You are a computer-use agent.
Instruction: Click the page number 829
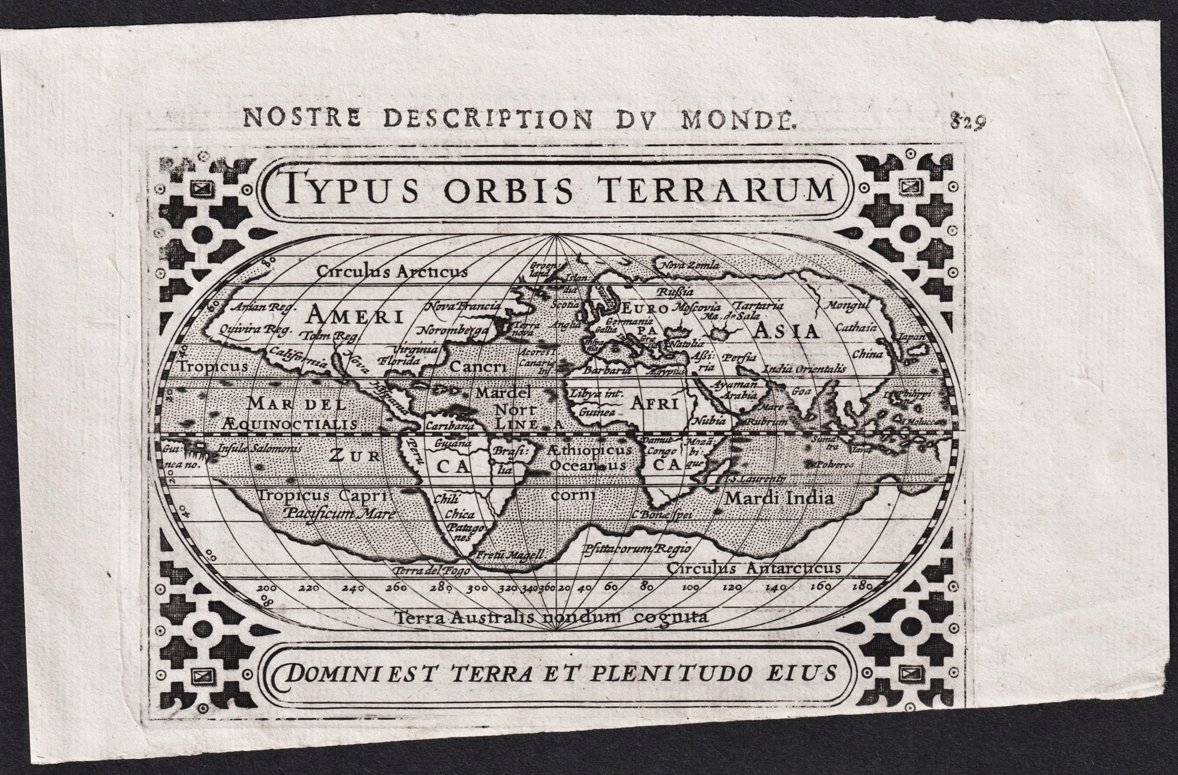click(968, 121)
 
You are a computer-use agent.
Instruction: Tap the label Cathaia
click(856, 328)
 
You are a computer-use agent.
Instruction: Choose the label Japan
click(911, 337)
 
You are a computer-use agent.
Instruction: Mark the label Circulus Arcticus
click(392, 272)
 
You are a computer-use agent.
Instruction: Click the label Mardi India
click(779, 498)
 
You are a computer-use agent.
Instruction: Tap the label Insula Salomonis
click(259, 448)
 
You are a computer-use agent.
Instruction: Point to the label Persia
click(739, 358)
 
